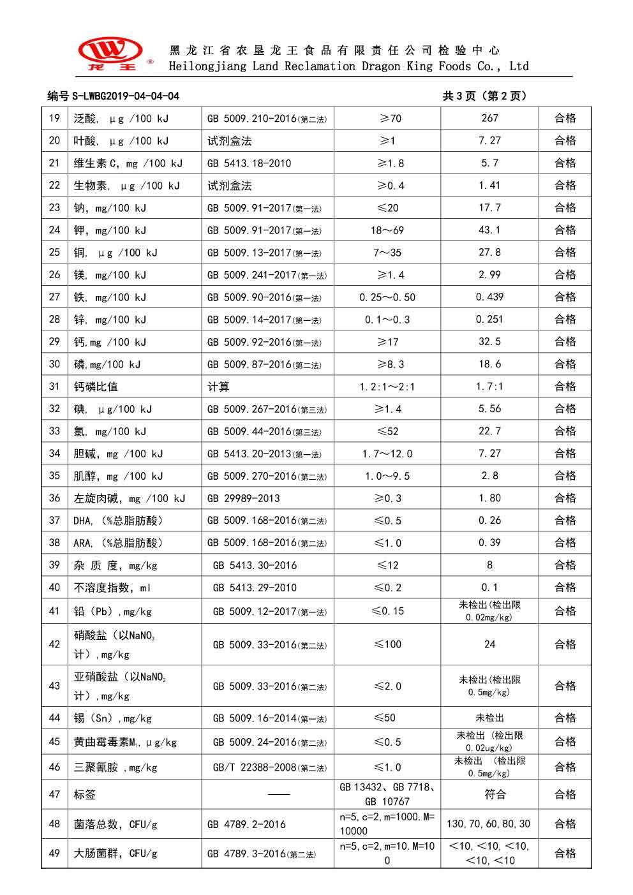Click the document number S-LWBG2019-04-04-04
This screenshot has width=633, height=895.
[x=114, y=96]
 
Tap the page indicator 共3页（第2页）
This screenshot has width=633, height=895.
[x=485, y=96]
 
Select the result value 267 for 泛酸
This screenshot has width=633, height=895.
[x=489, y=118]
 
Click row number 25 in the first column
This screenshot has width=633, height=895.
[x=54, y=253]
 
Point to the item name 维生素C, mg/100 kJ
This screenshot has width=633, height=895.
[x=128, y=163]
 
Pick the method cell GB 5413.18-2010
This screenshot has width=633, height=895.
[x=249, y=163]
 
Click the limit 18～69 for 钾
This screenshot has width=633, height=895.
[x=387, y=230]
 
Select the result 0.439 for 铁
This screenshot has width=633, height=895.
[x=489, y=297]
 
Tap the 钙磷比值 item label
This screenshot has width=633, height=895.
[x=96, y=387]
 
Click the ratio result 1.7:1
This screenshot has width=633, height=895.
[x=489, y=387]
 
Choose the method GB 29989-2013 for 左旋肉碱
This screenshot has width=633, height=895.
[x=244, y=498]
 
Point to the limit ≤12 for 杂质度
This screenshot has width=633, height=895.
[x=387, y=565]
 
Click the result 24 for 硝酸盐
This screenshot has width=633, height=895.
[x=489, y=644]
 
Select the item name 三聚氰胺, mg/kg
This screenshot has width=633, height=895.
[x=115, y=767]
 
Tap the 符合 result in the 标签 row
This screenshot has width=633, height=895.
[x=489, y=794]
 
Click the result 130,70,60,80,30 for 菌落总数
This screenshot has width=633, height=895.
[x=488, y=824]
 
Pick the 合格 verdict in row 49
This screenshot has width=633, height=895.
[x=565, y=854]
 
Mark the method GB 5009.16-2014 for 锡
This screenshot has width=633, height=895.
[x=269, y=718]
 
